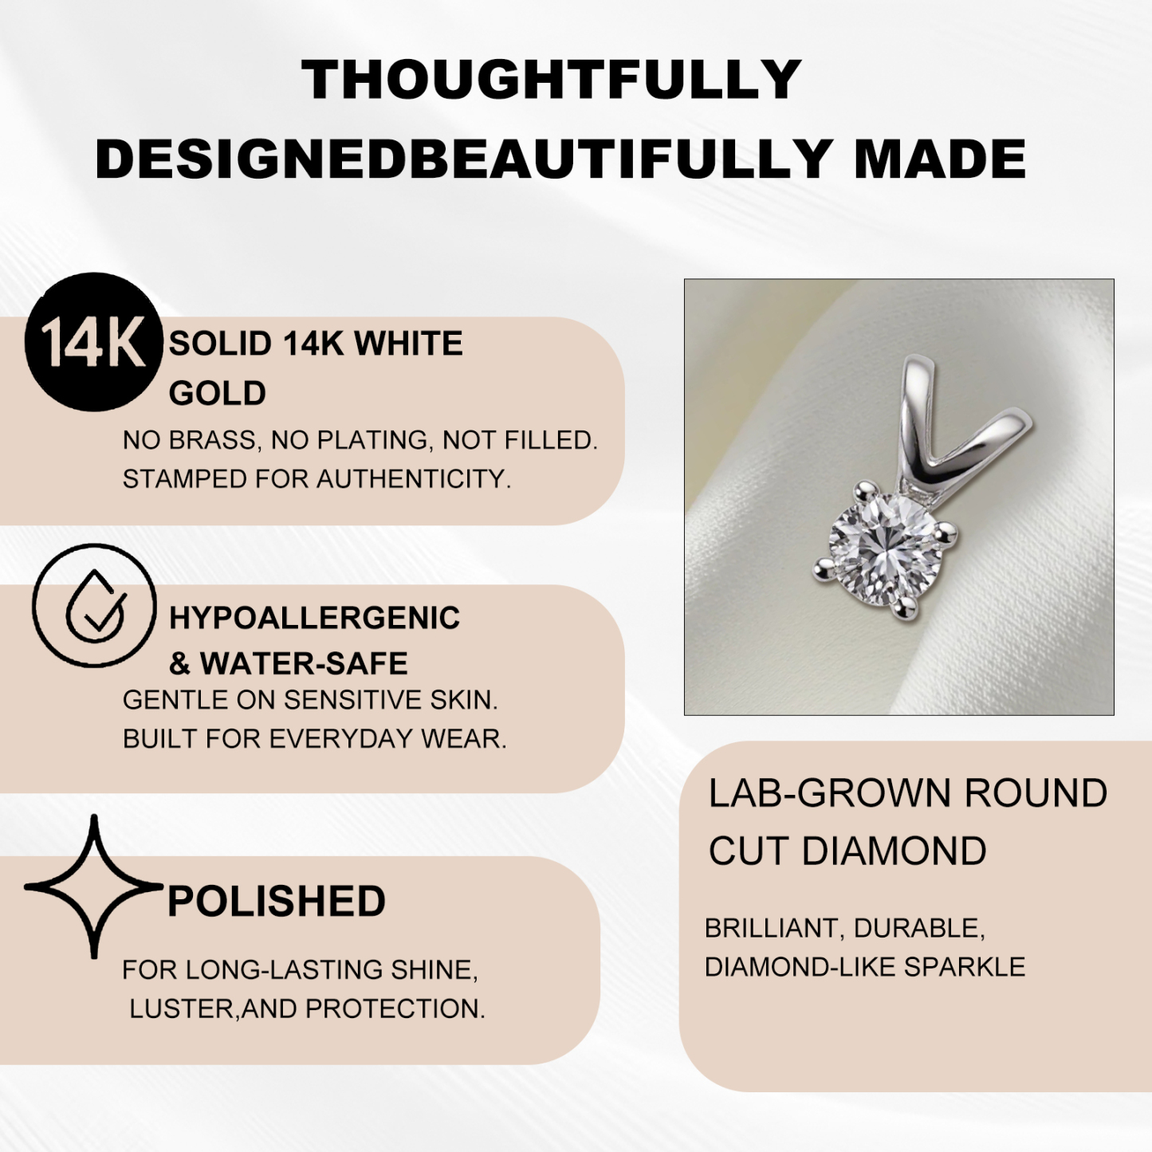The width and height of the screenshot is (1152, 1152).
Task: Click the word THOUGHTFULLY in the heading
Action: pos(551,80)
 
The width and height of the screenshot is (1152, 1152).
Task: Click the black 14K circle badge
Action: pos(93,343)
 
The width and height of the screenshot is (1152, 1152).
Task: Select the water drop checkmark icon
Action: pos(95,606)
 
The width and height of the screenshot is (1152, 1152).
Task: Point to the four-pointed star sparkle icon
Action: pos(94,886)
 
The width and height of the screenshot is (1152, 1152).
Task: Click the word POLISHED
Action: pos(276,902)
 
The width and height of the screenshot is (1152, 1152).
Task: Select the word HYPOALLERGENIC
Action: pos(314,618)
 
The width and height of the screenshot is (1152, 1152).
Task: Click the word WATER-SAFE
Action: pos(304,663)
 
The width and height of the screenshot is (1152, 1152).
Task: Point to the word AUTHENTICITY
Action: pos(414,479)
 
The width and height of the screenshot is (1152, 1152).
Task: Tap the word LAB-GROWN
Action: pos(830,793)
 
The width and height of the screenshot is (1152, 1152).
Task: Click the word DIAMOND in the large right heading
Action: pos(894,851)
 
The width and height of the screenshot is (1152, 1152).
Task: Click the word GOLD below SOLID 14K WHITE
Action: pos(217,393)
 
